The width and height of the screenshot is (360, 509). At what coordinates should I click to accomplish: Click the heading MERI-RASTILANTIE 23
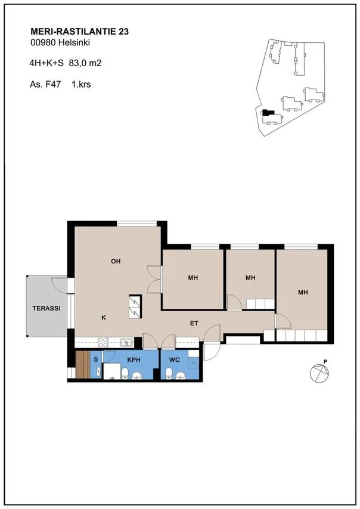(x=79, y=32)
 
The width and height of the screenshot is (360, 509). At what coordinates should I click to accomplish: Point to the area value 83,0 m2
(x=85, y=63)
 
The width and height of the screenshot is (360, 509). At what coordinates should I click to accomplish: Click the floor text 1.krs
(x=81, y=85)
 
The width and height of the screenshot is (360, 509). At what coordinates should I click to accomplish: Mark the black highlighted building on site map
(x=268, y=113)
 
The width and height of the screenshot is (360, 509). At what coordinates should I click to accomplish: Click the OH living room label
(x=116, y=261)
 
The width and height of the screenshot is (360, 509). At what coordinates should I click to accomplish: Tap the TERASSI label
(x=46, y=308)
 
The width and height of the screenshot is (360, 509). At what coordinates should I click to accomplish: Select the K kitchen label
(x=104, y=318)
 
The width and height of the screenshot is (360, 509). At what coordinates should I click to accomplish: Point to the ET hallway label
(x=194, y=323)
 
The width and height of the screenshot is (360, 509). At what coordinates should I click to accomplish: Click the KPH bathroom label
(x=134, y=359)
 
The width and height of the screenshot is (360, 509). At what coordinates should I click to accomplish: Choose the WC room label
(x=174, y=359)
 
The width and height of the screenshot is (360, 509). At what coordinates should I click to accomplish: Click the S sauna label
(x=96, y=359)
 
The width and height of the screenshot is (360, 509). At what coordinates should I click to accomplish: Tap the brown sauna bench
(x=82, y=364)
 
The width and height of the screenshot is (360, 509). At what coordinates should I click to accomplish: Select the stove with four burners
(x=103, y=342)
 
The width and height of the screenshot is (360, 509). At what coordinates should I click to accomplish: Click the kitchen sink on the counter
(x=126, y=342)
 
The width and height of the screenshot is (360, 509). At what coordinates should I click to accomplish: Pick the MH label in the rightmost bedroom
(x=303, y=293)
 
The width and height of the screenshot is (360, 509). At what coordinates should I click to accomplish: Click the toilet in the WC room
(x=169, y=373)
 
